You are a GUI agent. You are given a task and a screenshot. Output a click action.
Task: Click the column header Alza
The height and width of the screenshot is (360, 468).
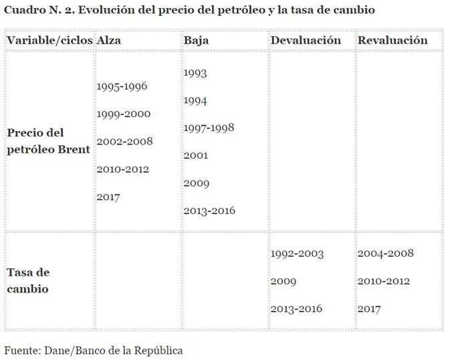coord(108,40)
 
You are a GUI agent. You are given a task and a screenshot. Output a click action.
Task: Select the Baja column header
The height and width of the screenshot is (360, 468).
coord(196,40)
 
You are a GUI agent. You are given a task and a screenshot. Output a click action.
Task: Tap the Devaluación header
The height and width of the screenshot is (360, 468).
coord(306,40)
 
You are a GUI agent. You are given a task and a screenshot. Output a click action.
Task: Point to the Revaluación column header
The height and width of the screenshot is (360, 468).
coord(392,40)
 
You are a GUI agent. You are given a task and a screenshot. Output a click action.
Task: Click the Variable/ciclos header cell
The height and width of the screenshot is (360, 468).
coord(49,40)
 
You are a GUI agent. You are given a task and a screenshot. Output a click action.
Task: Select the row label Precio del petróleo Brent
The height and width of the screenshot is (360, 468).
coord(48,141)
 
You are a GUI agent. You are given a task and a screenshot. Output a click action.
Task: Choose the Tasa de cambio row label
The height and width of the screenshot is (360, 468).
coord(28,281)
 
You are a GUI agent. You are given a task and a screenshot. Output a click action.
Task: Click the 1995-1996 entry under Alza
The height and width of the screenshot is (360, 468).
coord(122,86)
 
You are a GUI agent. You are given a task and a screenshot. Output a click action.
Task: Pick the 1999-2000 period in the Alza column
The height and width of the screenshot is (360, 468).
coord(124,114)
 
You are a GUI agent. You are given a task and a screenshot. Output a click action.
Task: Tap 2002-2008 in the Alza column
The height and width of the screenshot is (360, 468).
coord(124,141)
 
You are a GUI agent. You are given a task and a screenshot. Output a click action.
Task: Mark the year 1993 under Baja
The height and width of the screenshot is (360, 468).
coord(195,73)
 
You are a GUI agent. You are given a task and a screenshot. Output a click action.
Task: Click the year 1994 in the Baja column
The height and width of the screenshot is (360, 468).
coord(195,100)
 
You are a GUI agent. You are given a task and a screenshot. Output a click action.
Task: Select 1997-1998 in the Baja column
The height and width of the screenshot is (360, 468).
coord(209,128)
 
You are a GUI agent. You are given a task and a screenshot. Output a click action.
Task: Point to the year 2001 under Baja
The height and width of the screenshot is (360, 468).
coord(195,155)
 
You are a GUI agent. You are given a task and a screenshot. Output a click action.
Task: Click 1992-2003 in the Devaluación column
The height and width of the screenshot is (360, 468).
coord(297,254)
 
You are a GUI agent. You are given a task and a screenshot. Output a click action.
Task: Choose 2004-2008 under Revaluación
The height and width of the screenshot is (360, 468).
coord(385,254)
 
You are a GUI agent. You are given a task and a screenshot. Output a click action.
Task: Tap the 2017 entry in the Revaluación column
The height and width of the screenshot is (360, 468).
coord(369,308)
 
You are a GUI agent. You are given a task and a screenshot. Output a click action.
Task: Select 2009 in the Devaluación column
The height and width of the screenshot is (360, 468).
coord(283,281)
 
